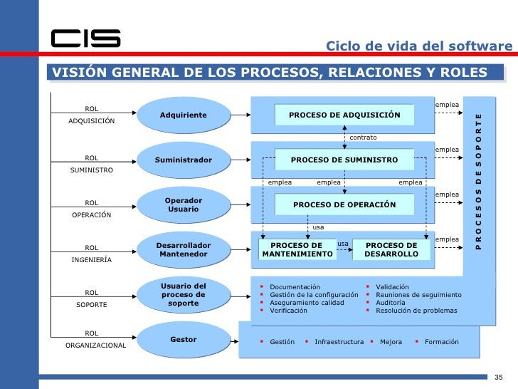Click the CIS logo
(85, 38)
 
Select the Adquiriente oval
(183, 115)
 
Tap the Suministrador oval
(183, 160)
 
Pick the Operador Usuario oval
(183, 205)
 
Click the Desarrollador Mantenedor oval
(183, 249)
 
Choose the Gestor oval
(183, 340)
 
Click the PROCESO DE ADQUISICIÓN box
(344, 115)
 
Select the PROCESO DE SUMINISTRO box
(344, 160)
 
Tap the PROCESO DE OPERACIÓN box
(344, 205)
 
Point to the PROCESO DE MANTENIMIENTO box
(297, 249)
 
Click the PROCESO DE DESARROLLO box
(391, 249)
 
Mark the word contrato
(363, 137)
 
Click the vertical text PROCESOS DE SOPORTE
(478, 181)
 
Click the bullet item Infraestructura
(339, 342)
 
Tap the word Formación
(441, 342)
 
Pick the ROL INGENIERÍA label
(92, 254)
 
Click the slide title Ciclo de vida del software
(418, 46)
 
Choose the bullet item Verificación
(289, 311)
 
